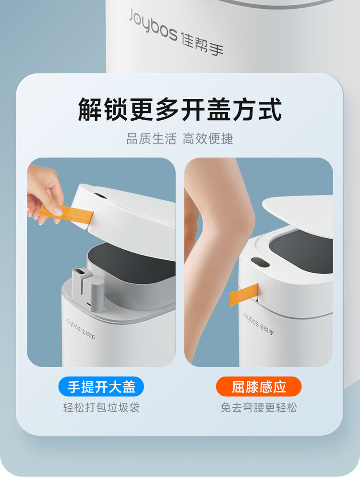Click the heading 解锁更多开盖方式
pos(180,110)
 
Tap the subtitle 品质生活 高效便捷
pos(180,139)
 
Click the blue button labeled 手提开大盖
pos(101,387)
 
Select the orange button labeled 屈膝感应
pos(258,387)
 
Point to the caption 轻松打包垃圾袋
pos(101,407)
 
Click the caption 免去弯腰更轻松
pos(259,407)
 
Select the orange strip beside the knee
pos(244,294)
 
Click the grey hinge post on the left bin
pos(88,289)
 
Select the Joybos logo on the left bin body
pos(80,328)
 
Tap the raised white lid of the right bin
pos(298,214)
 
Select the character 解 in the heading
pos(90,110)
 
